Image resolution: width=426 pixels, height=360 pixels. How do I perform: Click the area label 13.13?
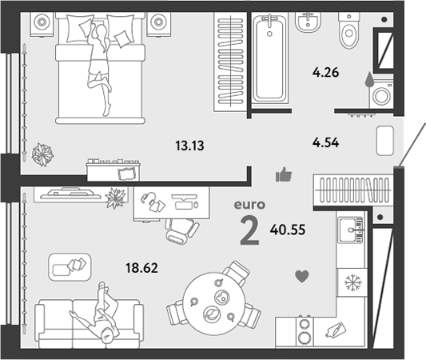(189, 146)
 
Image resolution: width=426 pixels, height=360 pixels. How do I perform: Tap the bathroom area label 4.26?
(325, 73)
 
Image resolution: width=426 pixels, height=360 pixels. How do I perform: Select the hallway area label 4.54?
(325, 142)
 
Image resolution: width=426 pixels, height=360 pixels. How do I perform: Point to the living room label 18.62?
(141, 268)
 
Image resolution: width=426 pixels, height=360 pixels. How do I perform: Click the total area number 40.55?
(288, 230)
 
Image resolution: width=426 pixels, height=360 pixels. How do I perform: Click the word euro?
(249, 205)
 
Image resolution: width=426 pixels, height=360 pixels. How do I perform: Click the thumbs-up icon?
(284, 174)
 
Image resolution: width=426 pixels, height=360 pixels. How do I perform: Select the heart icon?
(302, 277)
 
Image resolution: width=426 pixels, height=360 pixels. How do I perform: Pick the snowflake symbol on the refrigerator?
(353, 282)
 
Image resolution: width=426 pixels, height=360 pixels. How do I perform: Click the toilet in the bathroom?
(348, 30)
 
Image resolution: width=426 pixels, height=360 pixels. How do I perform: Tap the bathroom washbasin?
(308, 22)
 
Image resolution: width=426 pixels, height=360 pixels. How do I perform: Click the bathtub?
(270, 58)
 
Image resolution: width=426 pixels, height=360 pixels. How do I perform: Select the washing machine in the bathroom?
(381, 94)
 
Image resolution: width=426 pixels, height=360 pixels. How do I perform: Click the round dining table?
(214, 304)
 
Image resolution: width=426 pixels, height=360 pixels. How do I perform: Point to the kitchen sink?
(351, 230)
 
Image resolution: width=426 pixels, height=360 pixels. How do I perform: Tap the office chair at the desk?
(182, 231)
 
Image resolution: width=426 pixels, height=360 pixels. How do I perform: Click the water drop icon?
(368, 79)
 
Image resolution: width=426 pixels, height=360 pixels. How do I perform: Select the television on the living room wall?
(71, 194)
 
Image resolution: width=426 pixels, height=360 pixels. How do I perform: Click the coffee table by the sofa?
(70, 266)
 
